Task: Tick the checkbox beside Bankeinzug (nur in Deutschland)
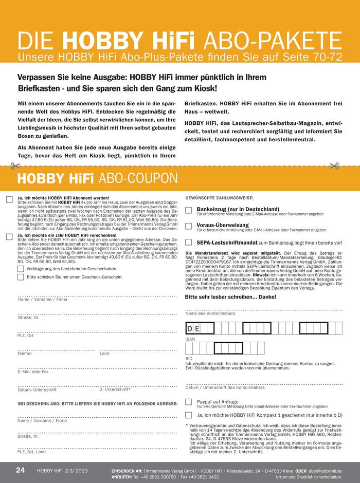click(x=189, y=210)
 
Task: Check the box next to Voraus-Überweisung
click(x=189, y=226)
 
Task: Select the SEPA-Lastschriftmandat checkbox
click(x=189, y=242)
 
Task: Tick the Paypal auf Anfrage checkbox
click(x=189, y=402)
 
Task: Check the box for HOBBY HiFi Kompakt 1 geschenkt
click(x=189, y=415)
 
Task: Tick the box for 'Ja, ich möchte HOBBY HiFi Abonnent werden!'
click(x=9, y=199)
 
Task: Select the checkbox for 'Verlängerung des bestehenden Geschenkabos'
click(x=21, y=268)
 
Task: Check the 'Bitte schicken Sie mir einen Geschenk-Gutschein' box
click(x=21, y=276)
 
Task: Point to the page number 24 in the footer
click(x=20, y=470)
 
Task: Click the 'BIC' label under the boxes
click(x=189, y=358)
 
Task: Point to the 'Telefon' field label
click(x=25, y=354)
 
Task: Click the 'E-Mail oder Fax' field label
click(x=33, y=371)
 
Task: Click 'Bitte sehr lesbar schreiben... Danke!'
click(x=230, y=297)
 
